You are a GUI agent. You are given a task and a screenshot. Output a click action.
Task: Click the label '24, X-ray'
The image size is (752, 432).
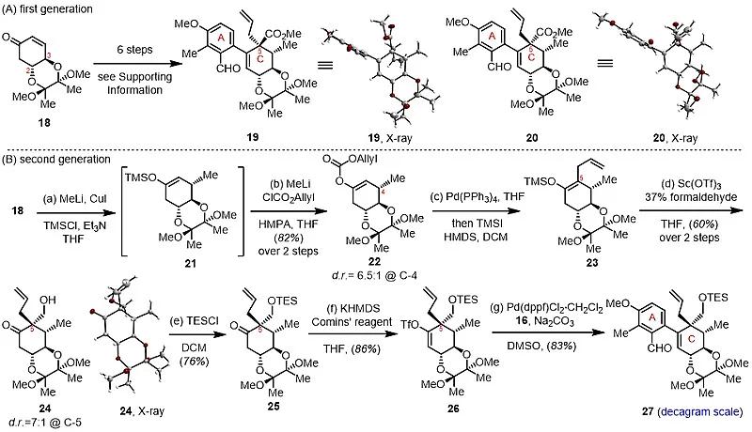click(126, 413)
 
